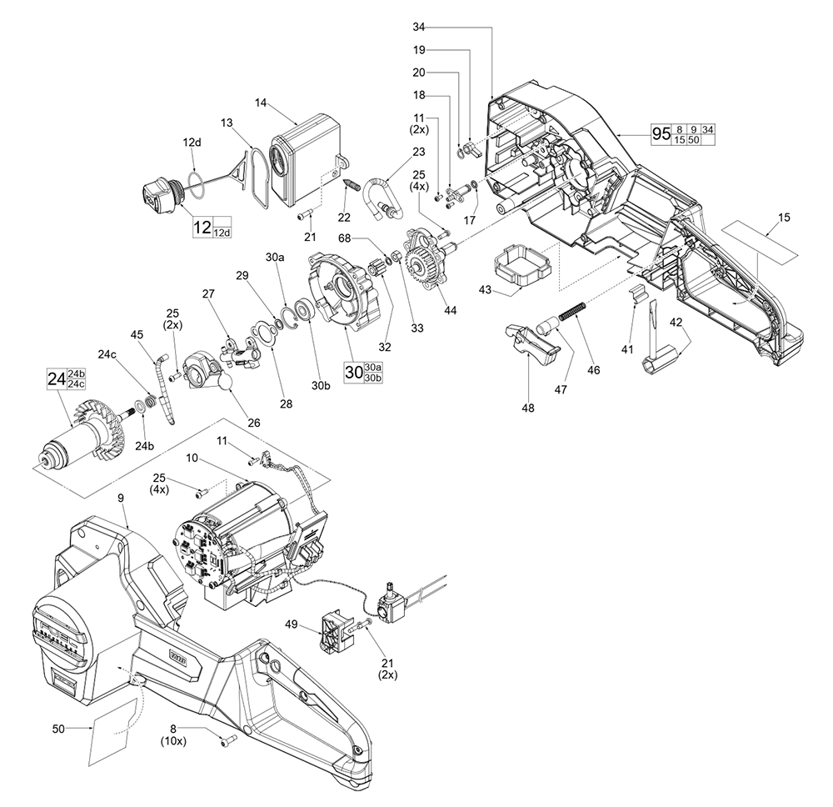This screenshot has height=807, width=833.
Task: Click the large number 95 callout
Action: [661, 135]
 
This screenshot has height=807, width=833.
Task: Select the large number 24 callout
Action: [56, 378]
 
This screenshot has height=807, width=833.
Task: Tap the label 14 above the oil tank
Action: [262, 103]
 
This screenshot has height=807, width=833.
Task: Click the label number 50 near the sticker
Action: [58, 729]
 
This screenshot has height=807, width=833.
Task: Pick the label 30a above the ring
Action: [276, 258]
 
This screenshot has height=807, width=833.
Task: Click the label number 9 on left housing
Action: [122, 498]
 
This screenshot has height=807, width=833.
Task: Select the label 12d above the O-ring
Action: [192, 143]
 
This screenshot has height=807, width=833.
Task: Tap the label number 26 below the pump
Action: [254, 423]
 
